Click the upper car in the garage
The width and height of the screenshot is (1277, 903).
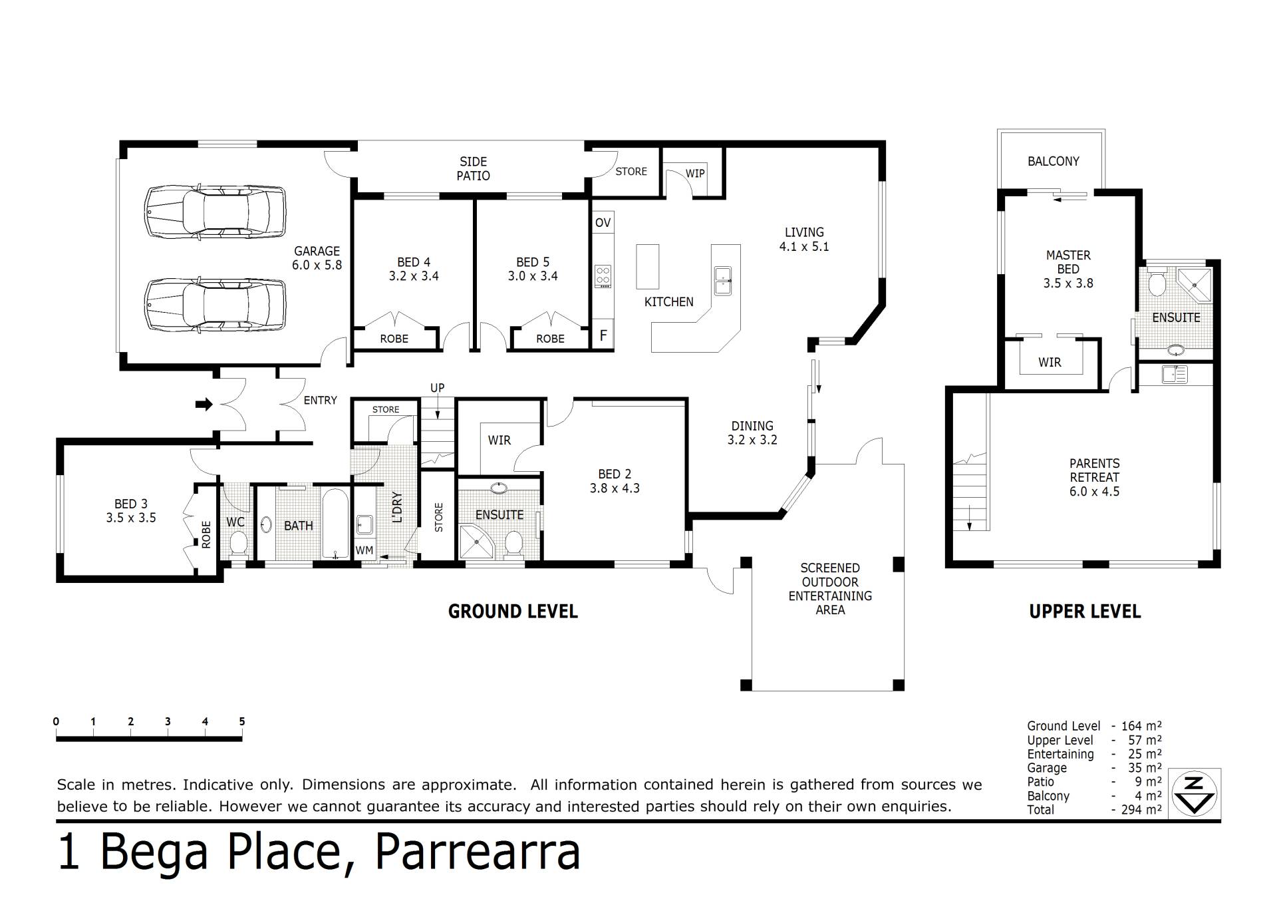tap(215, 212)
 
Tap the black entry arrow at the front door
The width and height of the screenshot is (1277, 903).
tap(204, 404)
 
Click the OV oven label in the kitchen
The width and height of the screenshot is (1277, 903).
tap(603, 222)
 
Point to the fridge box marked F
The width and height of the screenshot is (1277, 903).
tap(603, 335)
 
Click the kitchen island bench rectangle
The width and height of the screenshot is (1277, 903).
tap(648, 267)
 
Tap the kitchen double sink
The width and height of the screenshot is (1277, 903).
tap(723, 280)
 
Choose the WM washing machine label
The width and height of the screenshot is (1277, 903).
tap(364, 550)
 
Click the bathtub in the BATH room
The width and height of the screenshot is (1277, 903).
tap(335, 524)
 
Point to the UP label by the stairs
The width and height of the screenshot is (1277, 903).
tap(437, 388)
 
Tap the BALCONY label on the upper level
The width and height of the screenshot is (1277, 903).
tap(1054, 161)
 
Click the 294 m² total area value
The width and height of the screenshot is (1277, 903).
tap(1141, 810)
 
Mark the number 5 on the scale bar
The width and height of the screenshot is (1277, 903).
tap(242, 721)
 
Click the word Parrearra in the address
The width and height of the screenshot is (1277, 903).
tap(478, 852)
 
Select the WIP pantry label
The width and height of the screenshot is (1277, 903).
tap(695, 174)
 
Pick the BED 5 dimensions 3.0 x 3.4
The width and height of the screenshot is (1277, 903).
tap(533, 276)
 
